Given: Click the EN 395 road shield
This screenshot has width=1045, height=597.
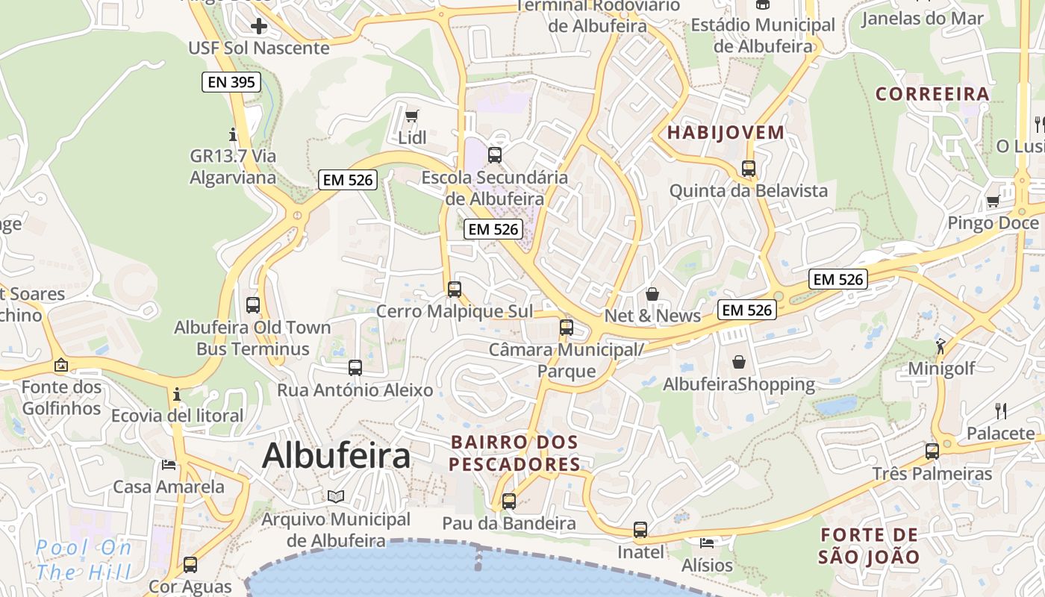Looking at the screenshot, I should click(x=231, y=82).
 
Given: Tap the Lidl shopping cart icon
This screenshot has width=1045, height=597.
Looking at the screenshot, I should click(x=411, y=116).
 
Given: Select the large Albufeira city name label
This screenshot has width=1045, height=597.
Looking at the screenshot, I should click(x=336, y=456).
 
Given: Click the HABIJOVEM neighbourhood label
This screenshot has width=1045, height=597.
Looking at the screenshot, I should click(x=726, y=133).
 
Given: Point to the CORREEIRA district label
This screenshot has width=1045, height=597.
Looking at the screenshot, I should click(x=932, y=94).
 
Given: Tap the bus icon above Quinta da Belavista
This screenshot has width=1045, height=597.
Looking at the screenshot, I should click(x=749, y=169).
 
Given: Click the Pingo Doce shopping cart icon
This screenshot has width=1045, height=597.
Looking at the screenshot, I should click(x=993, y=201).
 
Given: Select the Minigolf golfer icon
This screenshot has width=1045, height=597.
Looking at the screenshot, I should click(x=940, y=346).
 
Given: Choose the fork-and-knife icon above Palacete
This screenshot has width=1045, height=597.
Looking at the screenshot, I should click(x=1001, y=410).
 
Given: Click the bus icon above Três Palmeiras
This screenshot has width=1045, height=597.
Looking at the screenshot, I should click(x=932, y=451).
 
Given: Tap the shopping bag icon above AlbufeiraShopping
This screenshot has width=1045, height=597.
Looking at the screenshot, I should click(x=738, y=362).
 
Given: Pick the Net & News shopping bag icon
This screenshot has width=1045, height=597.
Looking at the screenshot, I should click(x=652, y=294).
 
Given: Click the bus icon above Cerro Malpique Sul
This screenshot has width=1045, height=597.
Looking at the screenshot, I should click(x=455, y=289).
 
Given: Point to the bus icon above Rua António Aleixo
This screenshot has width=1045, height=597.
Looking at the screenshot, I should click(x=355, y=367).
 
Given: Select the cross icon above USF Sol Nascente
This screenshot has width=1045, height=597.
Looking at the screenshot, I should click(x=259, y=27).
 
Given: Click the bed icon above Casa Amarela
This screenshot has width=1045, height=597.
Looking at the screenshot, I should click(x=169, y=464).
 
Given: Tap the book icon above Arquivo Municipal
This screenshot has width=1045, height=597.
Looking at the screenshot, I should click(x=336, y=496).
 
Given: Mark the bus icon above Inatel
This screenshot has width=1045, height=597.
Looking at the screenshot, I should click(x=640, y=530).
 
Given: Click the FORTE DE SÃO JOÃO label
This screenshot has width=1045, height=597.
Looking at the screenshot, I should click(x=869, y=546).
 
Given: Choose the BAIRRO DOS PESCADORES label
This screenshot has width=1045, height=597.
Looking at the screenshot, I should click(x=515, y=453).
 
